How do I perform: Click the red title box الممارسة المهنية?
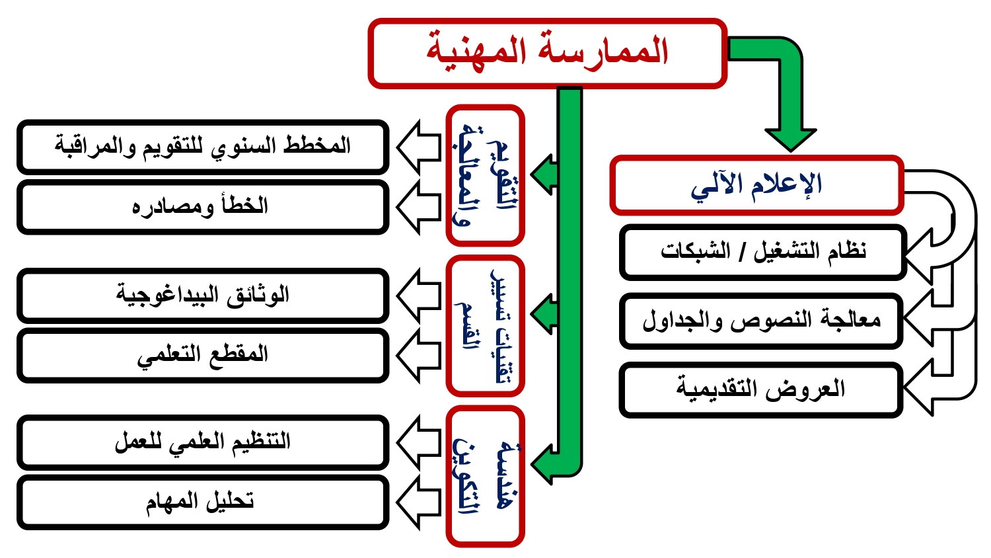[x=547, y=53]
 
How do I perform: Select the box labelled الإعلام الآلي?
[x=756, y=185]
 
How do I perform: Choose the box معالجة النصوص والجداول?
[x=761, y=321]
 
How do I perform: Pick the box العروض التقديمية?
[x=761, y=389]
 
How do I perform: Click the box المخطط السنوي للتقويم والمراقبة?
[x=203, y=147]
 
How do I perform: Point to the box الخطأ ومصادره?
[x=203, y=207]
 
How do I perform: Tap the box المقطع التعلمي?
[x=203, y=355]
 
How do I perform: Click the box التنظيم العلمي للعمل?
[x=203, y=442]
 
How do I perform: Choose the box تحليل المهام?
[x=203, y=502]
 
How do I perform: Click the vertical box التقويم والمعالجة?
[x=486, y=175]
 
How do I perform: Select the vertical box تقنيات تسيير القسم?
[x=486, y=325]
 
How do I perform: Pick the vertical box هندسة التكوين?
[x=486, y=476]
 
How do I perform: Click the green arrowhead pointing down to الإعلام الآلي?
[x=791, y=140]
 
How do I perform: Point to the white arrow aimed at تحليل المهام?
[x=418, y=502]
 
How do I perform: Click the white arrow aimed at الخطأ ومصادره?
[x=418, y=207]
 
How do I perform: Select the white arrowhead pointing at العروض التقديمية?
[x=918, y=388]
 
